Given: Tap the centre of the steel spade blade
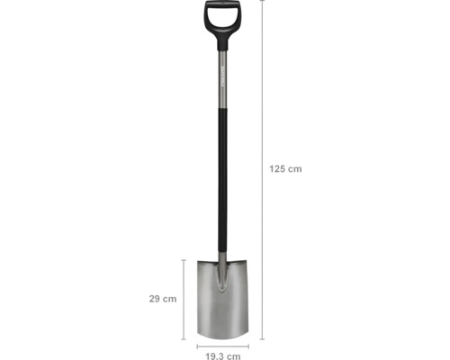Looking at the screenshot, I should (x=221, y=301).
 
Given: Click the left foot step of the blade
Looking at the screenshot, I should (x=205, y=263).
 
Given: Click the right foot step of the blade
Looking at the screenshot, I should (x=238, y=263).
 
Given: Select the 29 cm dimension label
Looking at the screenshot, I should (x=162, y=299).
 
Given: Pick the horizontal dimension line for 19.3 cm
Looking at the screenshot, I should (x=221, y=345).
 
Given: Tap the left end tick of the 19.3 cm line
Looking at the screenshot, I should (x=198, y=345).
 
